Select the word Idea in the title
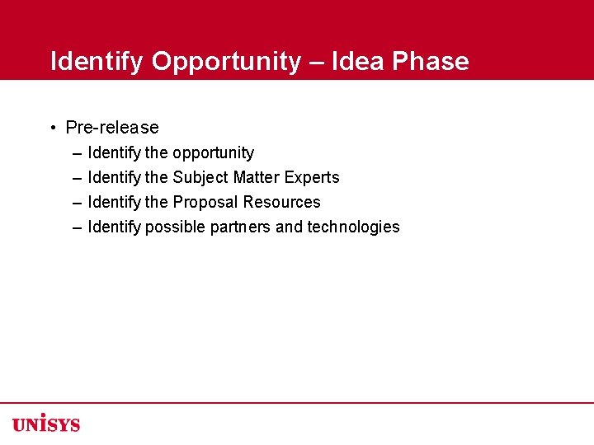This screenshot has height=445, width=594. coord(359,62)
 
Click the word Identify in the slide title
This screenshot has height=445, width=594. coord(97,62)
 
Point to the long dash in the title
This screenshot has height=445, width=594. coord(316,62)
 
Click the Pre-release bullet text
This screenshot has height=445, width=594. coord(112,128)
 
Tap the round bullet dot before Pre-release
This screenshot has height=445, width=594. coord(52,128)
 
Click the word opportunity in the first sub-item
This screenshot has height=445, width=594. coord(213,153)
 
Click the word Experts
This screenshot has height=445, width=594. coord(313,178)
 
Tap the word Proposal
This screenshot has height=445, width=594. coord(205,203)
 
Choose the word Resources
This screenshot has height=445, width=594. coord(281,203)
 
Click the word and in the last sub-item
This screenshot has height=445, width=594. coord(289,227)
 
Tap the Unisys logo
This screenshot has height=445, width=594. coord(46,423)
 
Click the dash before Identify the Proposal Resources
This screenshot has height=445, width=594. coord(77,203)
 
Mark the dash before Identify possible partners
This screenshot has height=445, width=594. coord(77,227)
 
